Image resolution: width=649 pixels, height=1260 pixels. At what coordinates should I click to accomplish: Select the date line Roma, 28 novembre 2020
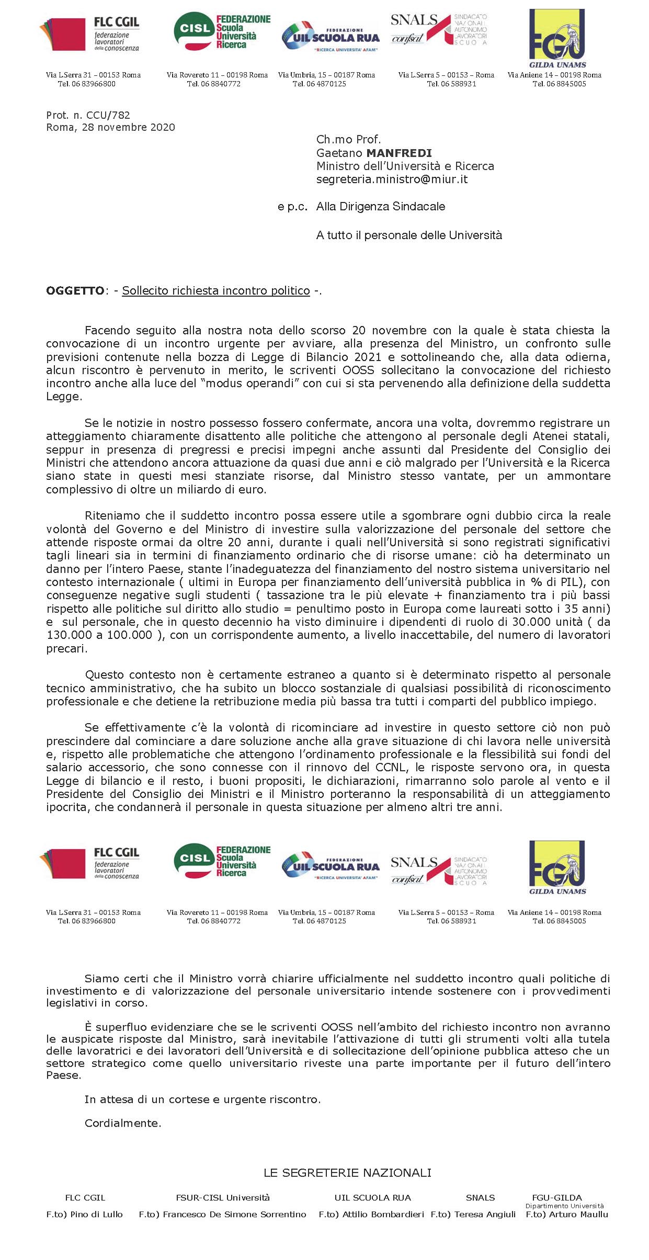[x=110, y=128]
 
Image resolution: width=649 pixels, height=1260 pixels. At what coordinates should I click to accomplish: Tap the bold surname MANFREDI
[x=398, y=153]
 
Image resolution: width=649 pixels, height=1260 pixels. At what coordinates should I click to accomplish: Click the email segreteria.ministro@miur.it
[x=392, y=179]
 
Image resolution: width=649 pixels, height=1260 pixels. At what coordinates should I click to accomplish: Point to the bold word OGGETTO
[x=75, y=291]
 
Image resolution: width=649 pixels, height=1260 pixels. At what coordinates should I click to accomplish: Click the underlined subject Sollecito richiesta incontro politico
[x=216, y=291]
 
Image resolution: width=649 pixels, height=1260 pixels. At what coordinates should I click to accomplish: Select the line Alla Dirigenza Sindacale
[x=380, y=207]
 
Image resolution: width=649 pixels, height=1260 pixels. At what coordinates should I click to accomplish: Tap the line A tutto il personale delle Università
[x=409, y=235]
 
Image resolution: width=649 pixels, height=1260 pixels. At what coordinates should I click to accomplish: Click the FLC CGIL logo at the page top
[x=89, y=35]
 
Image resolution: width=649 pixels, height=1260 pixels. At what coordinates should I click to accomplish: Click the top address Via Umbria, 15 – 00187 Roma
[x=326, y=75]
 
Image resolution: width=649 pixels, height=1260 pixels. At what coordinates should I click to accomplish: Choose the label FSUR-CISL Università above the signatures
[x=223, y=1198]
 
